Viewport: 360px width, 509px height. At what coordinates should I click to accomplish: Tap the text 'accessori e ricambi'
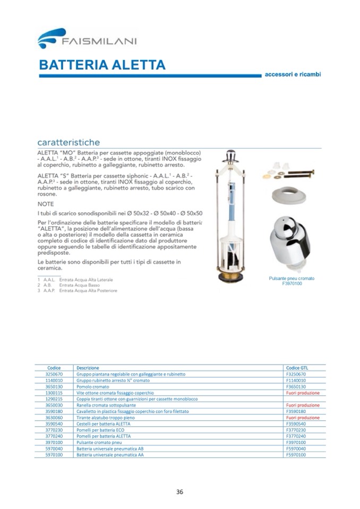pos(293,74)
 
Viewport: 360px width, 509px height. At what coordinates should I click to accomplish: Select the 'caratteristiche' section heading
pos(68,143)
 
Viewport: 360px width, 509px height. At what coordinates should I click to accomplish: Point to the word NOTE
pos(46,203)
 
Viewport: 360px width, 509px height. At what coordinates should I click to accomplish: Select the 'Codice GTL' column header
pos(297,368)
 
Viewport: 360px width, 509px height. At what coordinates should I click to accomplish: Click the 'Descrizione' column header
pos(88,368)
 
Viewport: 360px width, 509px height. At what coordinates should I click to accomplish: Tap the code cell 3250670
pos(54,374)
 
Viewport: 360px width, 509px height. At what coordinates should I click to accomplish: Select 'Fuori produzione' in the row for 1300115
pos(302,393)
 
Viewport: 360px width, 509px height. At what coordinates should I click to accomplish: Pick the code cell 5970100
pos(54,455)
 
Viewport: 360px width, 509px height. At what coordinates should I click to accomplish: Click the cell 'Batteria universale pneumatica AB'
pos(110,448)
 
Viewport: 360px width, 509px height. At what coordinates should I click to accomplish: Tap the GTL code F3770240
pos(297,436)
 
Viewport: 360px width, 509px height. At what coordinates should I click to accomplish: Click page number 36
pos(179,491)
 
